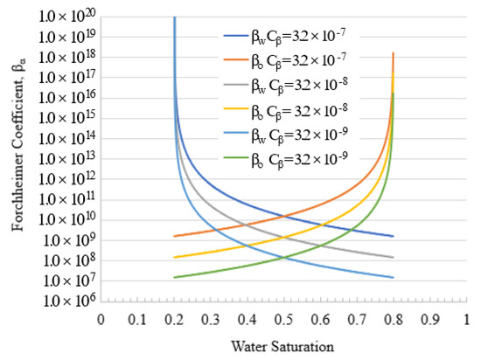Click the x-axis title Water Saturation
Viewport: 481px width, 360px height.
(x=283, y=346)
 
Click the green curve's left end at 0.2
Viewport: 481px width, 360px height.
(x=175, y=277)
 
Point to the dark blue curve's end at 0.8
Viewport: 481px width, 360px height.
(x=393, y=236)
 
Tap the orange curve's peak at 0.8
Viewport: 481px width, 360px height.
(x=393, y=54)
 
